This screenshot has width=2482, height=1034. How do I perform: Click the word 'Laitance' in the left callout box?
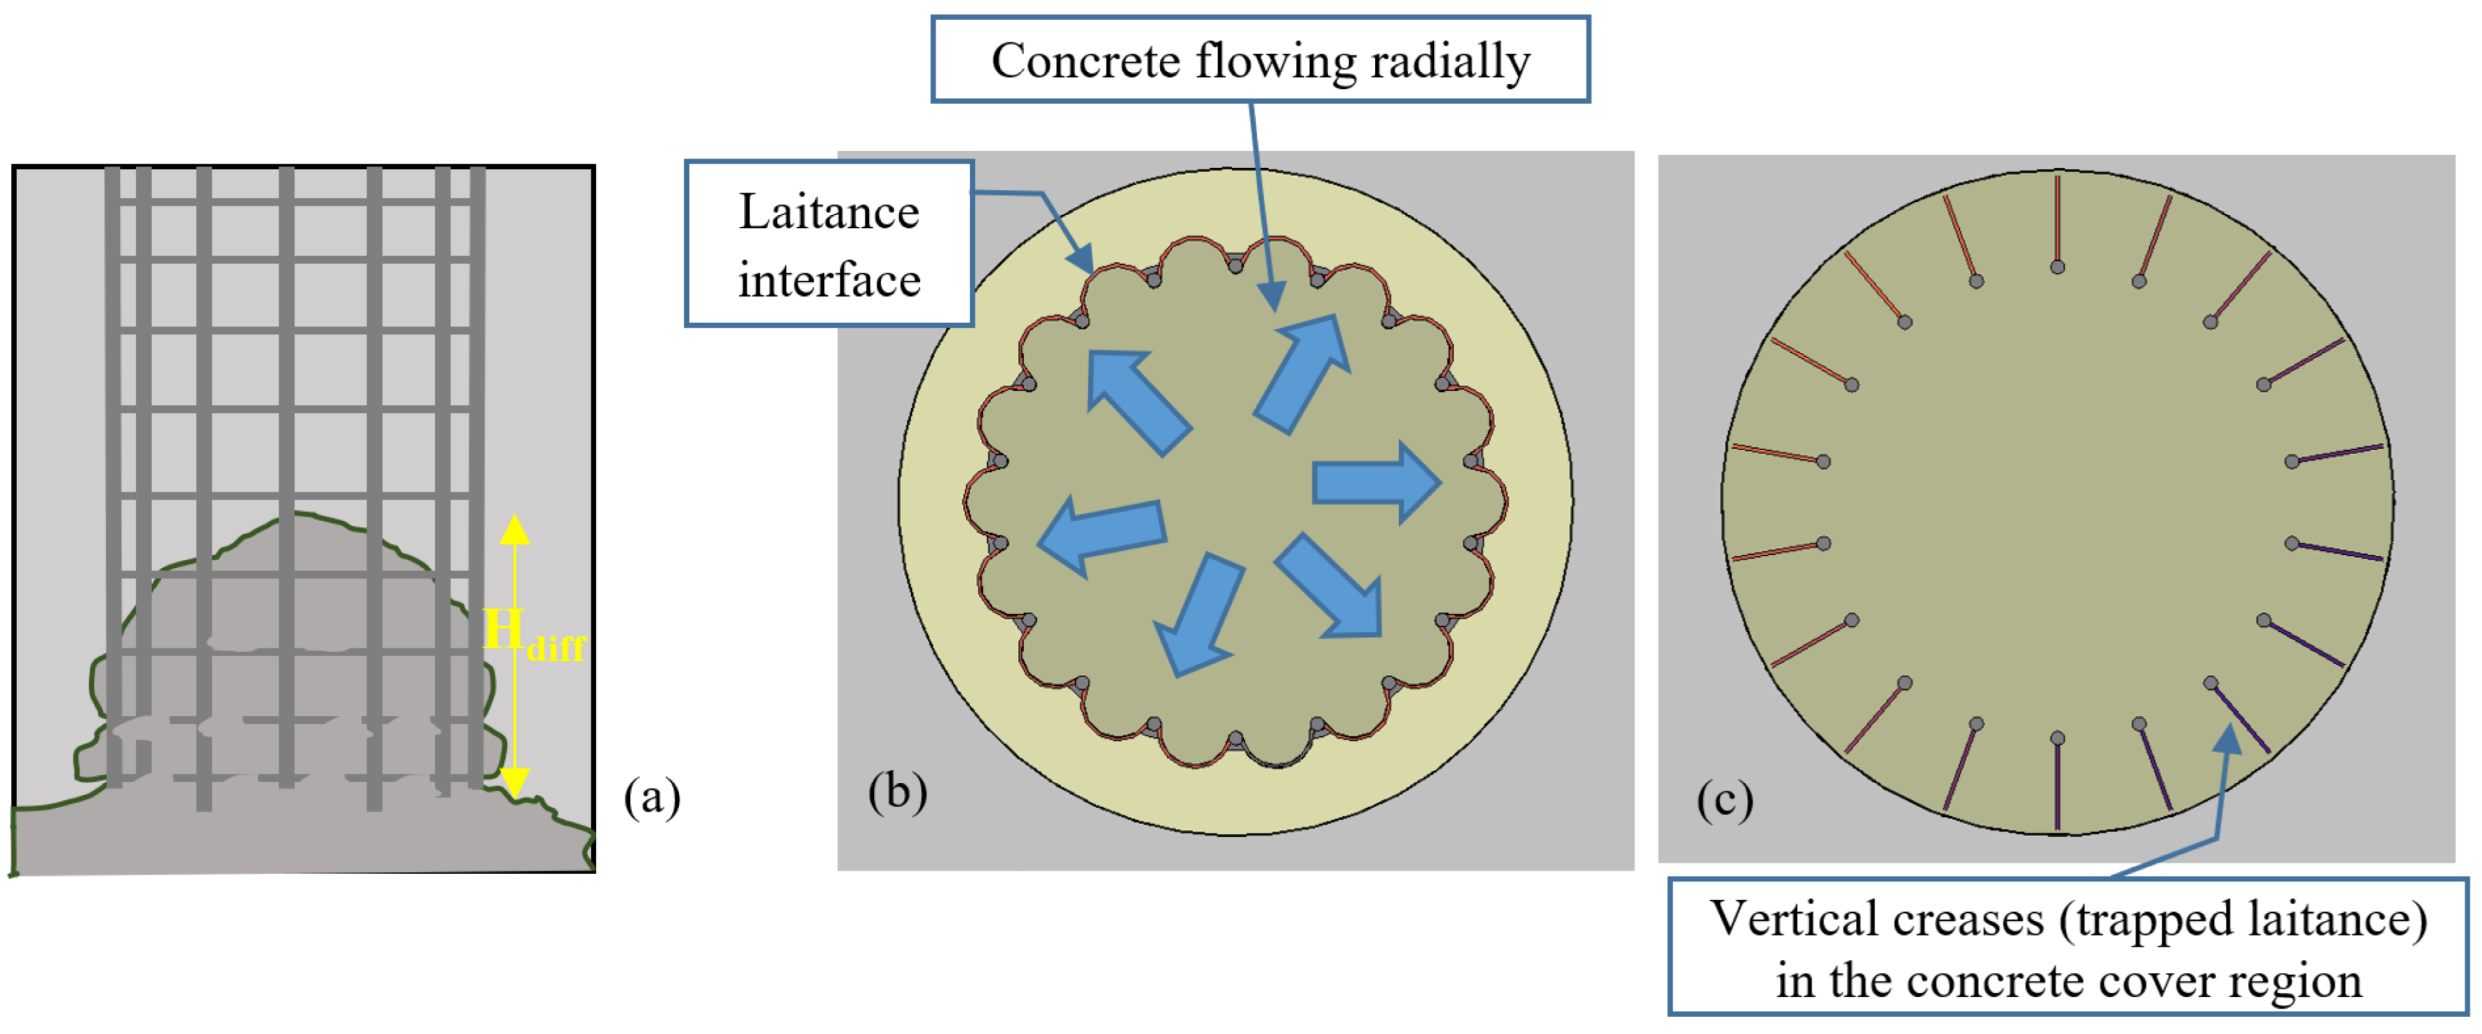click(x=828, y=213)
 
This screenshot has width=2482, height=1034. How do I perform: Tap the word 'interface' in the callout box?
click(x=828, y=281)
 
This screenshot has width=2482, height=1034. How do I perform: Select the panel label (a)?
click(x=652, y=798)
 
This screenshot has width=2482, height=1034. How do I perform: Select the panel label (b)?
click(x=897, y=792)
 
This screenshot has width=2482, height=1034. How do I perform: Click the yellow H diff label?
click(x=532, y=636)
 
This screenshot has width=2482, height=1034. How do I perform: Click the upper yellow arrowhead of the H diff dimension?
click(x=515, y=529)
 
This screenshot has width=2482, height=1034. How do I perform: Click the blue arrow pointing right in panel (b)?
click(x=1376, y=482)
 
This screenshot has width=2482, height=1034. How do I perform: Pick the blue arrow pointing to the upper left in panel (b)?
click(x=1137, y=400)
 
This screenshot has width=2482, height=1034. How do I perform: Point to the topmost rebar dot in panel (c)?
click(x=2057, y=267)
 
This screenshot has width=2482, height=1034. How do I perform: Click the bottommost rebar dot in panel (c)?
click(x=2057, y=738)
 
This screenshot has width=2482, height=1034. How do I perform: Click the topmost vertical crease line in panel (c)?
click(x=2057, y=217)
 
